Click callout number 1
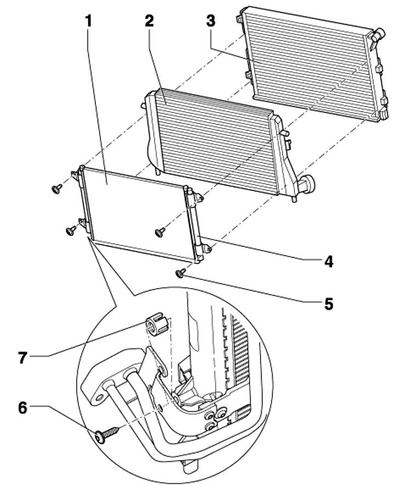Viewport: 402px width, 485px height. click(89, 21)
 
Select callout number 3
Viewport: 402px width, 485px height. click(211, 21)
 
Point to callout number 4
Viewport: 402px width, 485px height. click(329, 261)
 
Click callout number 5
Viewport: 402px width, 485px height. click(329, 303)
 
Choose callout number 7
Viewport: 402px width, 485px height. click(22, 358)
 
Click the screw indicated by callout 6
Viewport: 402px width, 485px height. click(107, 435)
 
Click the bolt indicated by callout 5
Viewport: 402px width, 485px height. click(180, 273)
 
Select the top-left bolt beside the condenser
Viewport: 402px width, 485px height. click(56, 188)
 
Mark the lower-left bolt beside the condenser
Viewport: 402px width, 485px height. click(71, 230)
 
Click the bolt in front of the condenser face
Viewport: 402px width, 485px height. click(160, 232)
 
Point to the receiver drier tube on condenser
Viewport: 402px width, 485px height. click(195, 223)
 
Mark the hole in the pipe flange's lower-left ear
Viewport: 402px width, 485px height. click(99, 397)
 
